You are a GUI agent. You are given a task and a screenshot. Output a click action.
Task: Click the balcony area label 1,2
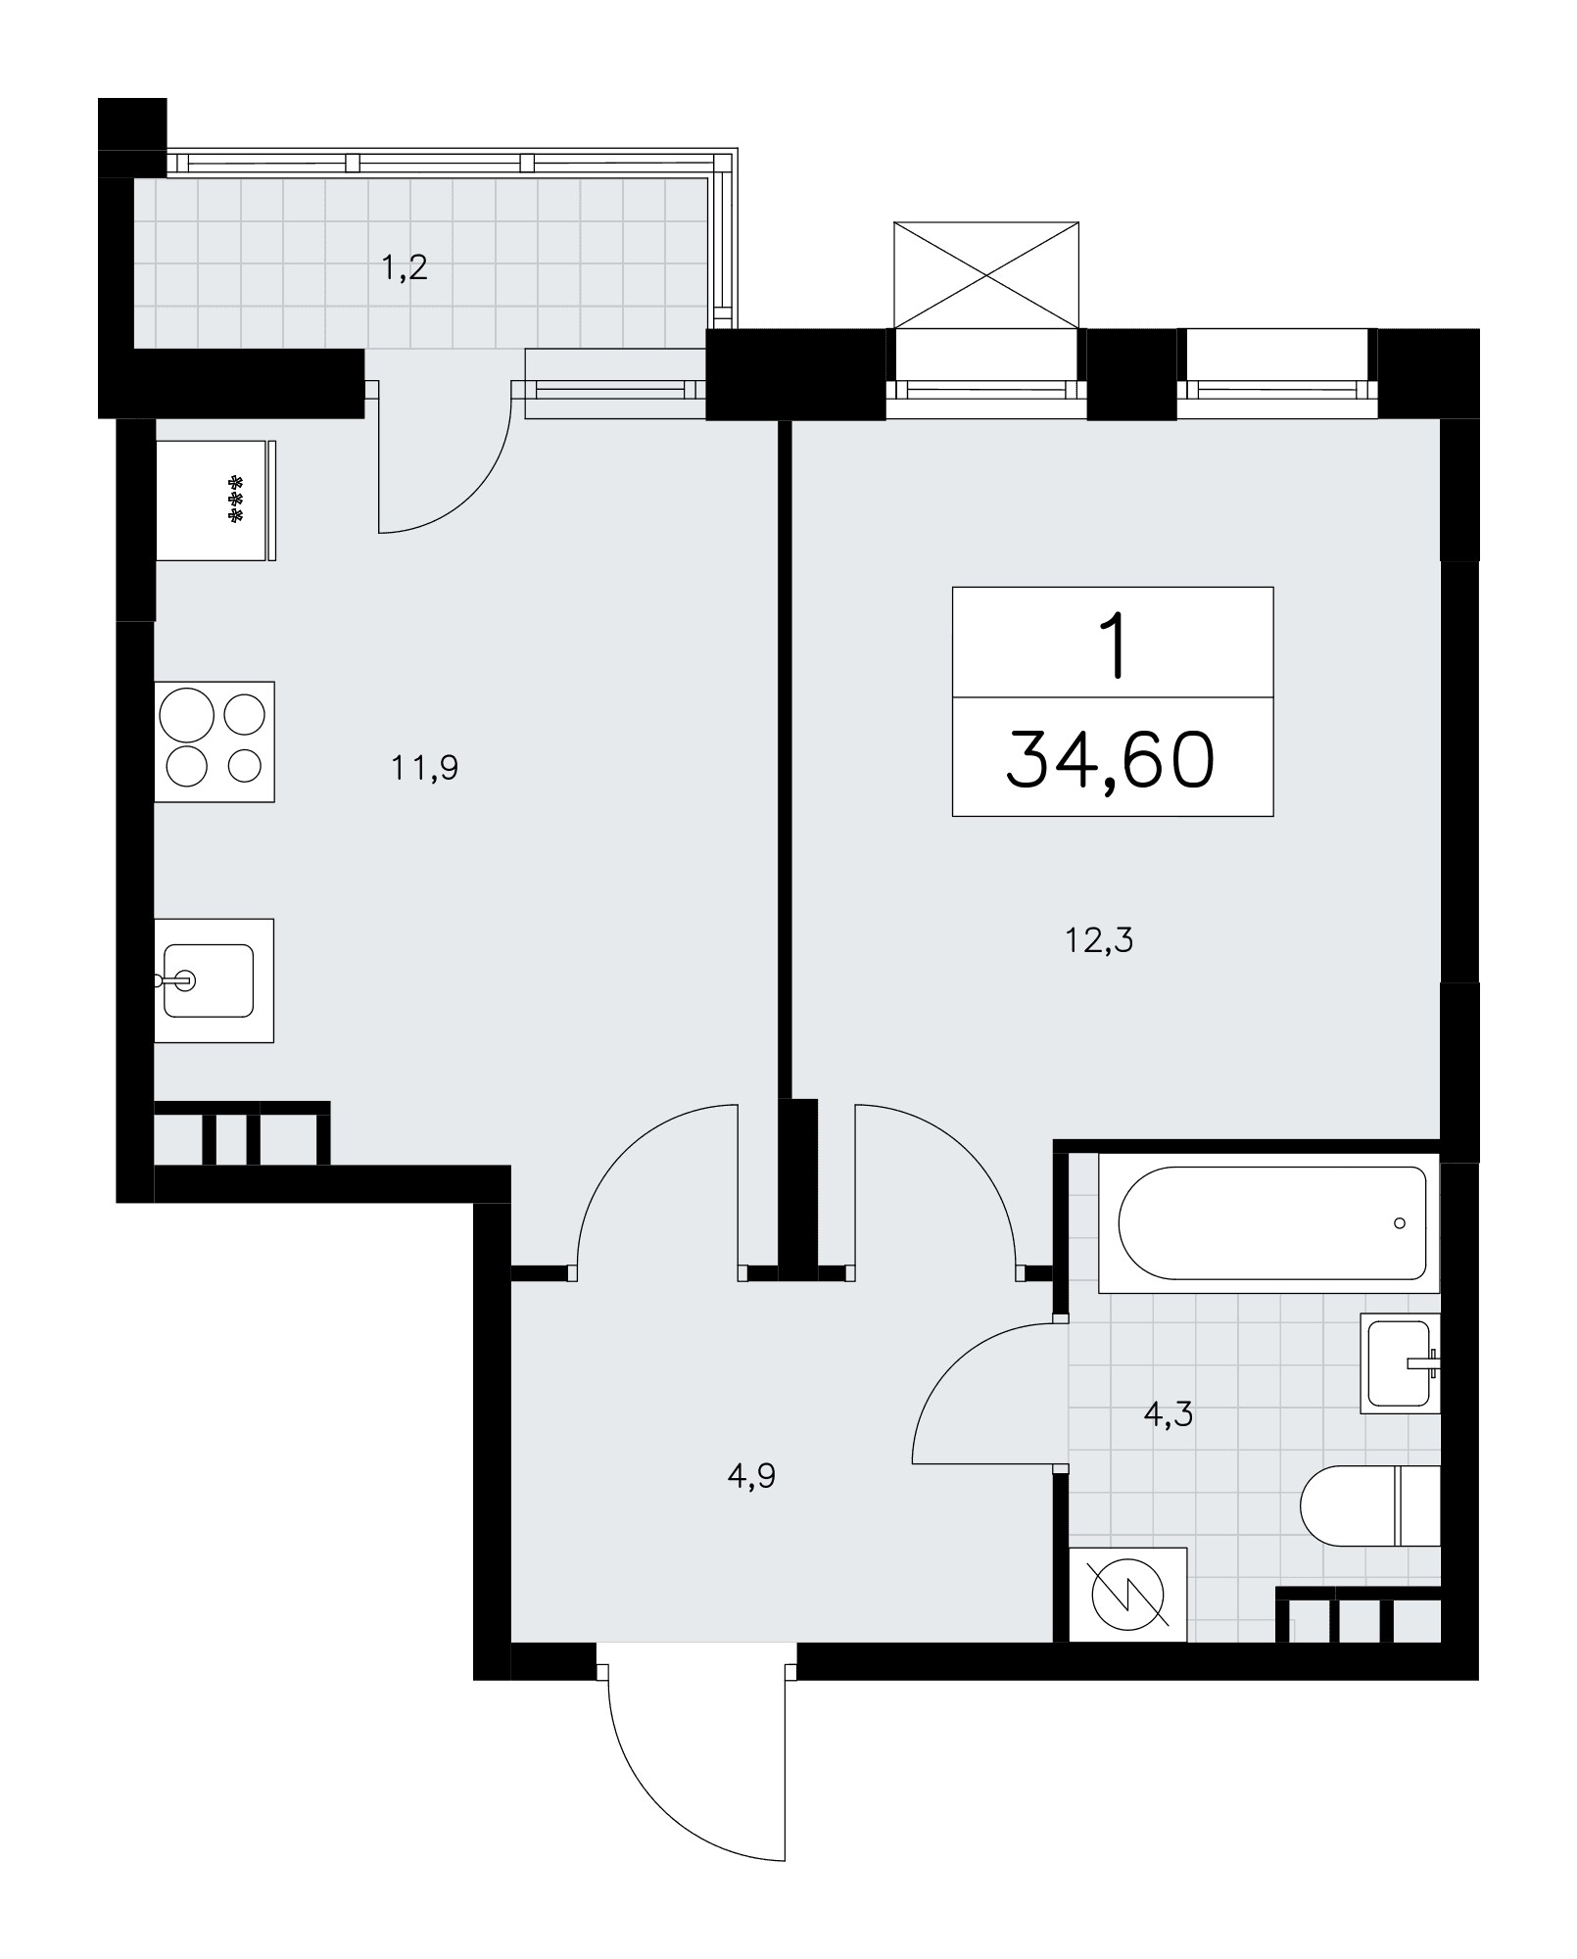tap(405, 267)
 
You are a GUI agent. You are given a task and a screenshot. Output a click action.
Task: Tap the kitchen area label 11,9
tap(425, 768)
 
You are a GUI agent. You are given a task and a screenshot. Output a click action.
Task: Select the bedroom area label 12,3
tap(1099, 941)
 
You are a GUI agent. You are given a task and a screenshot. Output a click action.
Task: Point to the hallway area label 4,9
tap(752, 1475)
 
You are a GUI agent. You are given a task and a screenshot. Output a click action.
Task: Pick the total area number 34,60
tap(1111, 760)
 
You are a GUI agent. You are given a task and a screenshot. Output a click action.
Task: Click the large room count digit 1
tap(1113, 645)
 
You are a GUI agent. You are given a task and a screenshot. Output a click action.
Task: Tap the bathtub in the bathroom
tap(1269, 1223)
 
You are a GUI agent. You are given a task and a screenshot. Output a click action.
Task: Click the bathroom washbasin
tap(1401, 1362)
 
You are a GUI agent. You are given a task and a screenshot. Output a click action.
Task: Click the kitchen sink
tap(214, 980)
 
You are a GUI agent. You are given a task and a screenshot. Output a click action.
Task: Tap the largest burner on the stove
tap(189, 714)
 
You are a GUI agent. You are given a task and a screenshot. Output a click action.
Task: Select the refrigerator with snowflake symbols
tap(215, 501)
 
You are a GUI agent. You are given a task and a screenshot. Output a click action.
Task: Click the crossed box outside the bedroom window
tap(986, 275)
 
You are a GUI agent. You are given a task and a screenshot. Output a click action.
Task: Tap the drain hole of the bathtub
tap(1400, 1223)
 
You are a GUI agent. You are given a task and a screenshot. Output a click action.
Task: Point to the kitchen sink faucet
tap(172, 979)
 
